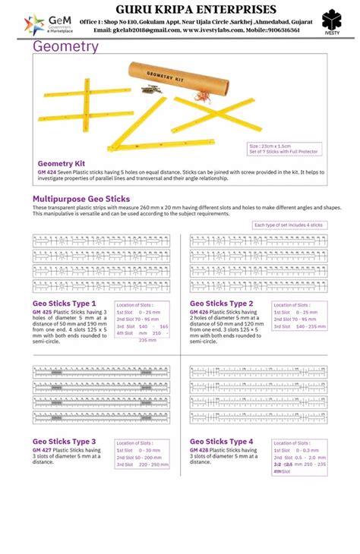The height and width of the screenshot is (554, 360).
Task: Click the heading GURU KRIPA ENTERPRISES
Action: point(195,8)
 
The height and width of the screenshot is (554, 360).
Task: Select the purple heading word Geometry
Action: point(65,47)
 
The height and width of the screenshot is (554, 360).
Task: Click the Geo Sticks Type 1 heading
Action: point(64,303)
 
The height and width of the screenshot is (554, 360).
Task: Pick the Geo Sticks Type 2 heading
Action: point(221,303)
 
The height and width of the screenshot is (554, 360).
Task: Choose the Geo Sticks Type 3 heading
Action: point(64,441)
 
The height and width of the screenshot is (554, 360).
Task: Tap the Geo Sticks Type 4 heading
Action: point(221,441)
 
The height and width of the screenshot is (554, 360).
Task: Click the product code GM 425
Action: point(42,312)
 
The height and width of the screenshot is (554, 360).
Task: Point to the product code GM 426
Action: point(199,312)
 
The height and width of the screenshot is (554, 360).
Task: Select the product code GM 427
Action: point(42,450)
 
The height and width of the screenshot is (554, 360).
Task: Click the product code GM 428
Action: point(199,450)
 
